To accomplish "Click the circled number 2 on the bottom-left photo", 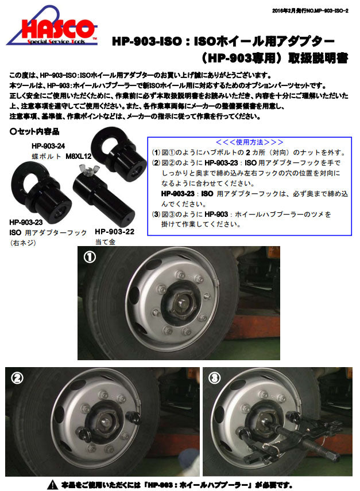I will pos(17,377).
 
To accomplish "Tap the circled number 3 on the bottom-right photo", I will pos(215,377).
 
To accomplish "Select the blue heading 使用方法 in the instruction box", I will pos(249,142).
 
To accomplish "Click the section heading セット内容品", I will pos(35,131).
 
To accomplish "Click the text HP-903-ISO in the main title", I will pos(148,42).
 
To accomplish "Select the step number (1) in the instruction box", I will pos(156,153).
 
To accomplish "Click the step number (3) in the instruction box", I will pos(156,214).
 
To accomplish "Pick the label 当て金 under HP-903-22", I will pos(104,242).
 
